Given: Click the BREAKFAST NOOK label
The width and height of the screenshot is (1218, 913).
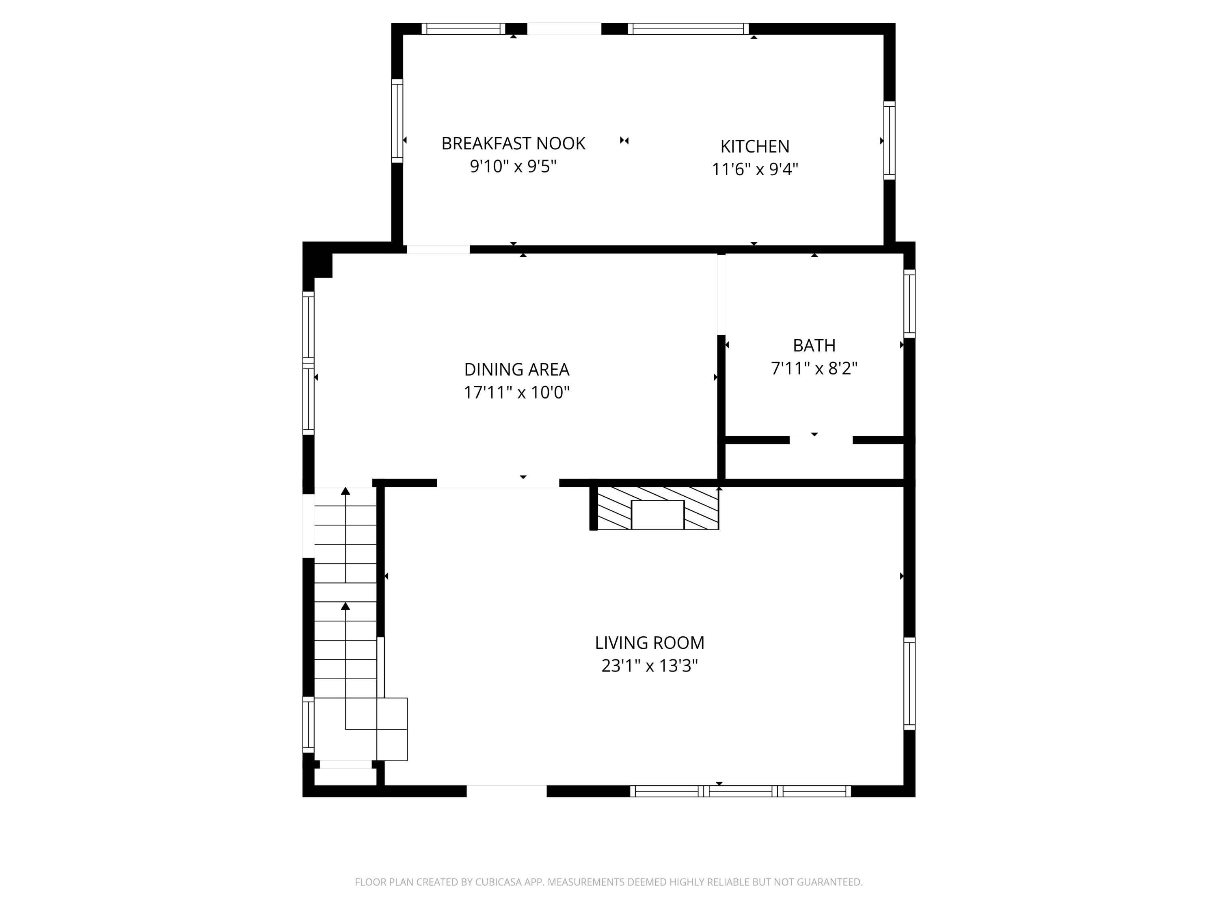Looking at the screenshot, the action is tap(513, 144).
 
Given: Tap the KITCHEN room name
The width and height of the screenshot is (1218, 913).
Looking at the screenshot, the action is tap(755, 146).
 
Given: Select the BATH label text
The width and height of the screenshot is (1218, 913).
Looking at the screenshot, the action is tap(814, 346).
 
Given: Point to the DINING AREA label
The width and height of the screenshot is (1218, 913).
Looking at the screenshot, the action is tap(516, 369).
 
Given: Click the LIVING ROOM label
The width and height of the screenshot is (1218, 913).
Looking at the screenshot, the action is tap(650, 643).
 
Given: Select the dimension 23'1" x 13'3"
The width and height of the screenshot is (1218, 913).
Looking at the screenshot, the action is tap(650, 666).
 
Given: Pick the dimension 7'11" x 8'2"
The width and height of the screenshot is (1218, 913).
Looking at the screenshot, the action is tap(814, 368).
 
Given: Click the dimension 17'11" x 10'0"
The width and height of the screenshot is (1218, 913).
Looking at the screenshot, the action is tap(516, 392).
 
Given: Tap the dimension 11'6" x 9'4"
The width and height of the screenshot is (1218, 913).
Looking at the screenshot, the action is tap(755, 169).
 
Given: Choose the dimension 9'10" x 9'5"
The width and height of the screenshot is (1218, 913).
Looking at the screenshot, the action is tap(513, 166).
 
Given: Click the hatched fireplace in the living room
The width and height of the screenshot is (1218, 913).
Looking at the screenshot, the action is tap(658, 508).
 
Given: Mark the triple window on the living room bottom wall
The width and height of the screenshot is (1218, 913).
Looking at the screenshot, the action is tap(741, 791).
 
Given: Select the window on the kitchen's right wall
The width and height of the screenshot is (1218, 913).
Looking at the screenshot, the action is tap(889, 140).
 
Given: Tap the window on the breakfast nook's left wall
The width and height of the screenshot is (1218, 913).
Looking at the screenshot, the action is tap(397, 121).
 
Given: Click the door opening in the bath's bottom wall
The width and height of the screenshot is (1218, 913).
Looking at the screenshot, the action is tap(821, 440).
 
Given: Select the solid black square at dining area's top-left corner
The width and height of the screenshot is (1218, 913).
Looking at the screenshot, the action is tap(318, 260).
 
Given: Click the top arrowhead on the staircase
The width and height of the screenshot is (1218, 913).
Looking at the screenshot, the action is tap(345, 491).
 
